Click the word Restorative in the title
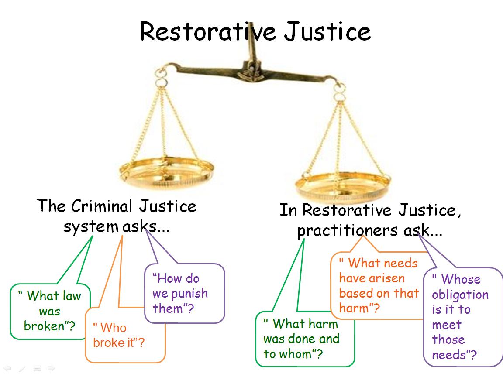pyautogui.click(x=208, y=31)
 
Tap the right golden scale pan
pyautogui.click(x=342, y=183)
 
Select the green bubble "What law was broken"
pyautogui.click(x=50, y=311)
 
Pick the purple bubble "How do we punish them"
pyautogui.click(x=183, y=294)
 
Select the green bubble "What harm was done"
pyautogui.click(x=304, y=339)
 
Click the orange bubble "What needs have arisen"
pyautogui.click(x=378, y=285)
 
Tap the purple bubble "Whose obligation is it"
pyautogui.click(x=462, y=317)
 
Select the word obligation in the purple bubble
pyautogui.click(x=460, y=294)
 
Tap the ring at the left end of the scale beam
pyautogui.click(x=161, y=82)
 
